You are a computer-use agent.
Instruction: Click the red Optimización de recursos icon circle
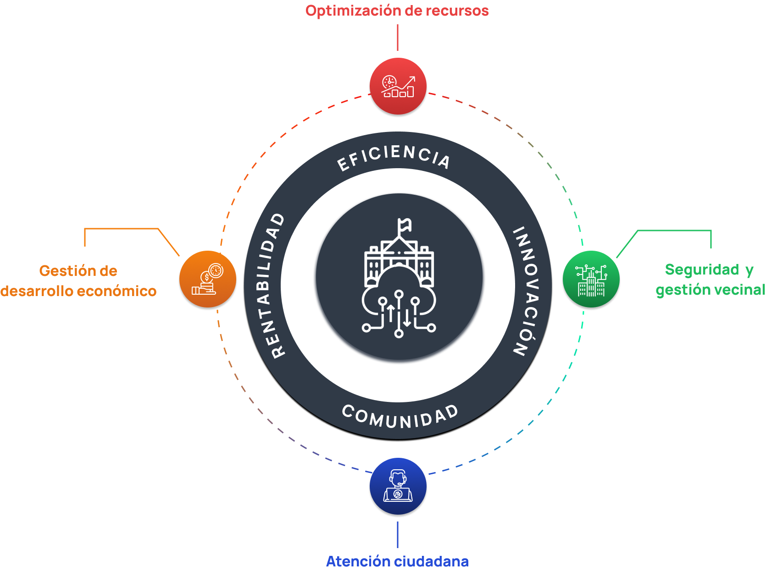(398, 86)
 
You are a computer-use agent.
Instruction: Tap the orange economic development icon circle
(208, 279)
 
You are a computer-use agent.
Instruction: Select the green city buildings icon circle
(591, 280)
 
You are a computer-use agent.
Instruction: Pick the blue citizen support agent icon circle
(398, 487)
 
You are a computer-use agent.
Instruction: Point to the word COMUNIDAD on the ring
(400, 417)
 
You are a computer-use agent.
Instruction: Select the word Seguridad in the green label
(702, 269)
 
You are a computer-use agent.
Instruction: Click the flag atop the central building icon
(405, 225)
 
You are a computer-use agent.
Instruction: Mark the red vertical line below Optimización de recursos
(398, 38)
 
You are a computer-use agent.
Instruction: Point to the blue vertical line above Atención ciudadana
(398, 534)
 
